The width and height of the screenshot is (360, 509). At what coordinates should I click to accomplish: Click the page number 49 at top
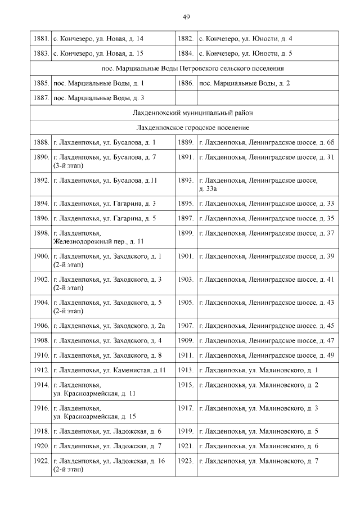(x=186, y=17)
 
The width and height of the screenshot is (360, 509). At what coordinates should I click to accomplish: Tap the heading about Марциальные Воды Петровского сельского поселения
(x=184, y=69)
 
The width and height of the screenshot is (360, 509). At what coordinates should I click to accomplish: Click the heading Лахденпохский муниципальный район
(x=184, y=113)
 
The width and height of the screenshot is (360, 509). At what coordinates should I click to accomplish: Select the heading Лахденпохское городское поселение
(x=184, y=128)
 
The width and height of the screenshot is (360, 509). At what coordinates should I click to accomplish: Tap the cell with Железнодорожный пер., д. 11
(x=98, y=237)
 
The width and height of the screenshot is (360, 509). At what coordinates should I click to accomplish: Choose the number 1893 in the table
(x=186, y=181)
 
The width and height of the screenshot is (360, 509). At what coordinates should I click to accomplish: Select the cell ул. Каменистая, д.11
(x=109, y=370)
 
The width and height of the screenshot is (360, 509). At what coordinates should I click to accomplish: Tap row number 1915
(x=186, y=385)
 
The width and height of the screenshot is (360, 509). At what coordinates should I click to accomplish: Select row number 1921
(x=186, y=446)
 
